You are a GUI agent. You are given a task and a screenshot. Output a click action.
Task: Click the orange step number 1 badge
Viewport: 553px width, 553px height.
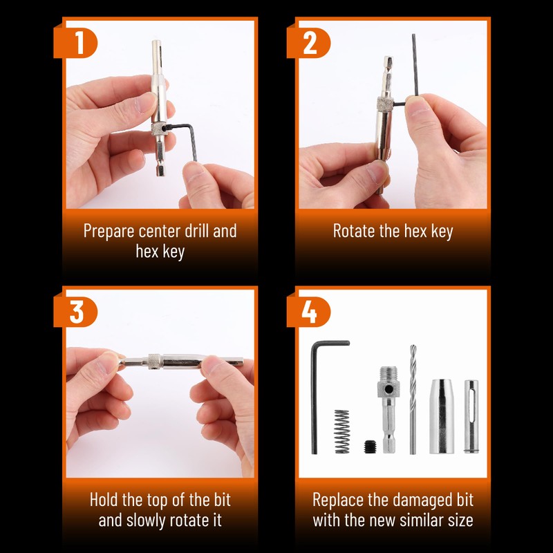point(75,43)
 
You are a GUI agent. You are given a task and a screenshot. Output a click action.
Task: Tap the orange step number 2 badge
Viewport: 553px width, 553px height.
point(308,43)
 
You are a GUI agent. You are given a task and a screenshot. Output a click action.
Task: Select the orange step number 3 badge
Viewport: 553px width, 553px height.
point(75,312)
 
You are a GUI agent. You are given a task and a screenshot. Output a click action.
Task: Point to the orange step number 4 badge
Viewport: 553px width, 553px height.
point(308,312)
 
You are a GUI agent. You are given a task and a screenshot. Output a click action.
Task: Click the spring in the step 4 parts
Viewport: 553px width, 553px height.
point(341,431)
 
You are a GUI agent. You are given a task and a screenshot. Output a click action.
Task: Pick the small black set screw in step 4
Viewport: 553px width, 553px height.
point(370,447)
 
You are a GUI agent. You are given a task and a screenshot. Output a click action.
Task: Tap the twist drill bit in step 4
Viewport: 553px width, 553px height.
point(413,400)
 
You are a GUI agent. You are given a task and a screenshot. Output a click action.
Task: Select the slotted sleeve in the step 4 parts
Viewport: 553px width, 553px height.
point(471,416)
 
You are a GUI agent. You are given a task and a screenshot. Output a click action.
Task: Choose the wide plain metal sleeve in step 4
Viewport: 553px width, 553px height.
point(441,417)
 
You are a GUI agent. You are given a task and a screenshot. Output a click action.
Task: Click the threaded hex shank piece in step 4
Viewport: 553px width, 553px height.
point(388,410)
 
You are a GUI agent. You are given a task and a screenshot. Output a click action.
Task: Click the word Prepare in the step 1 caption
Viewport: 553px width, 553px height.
point(109,232)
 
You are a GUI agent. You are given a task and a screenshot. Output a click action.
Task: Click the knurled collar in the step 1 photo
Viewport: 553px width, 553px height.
point(158,129)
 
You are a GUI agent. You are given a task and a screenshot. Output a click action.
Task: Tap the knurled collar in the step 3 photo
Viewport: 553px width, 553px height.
point(155,362)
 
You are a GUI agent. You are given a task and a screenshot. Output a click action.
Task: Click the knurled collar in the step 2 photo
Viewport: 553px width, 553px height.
point(385,103)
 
